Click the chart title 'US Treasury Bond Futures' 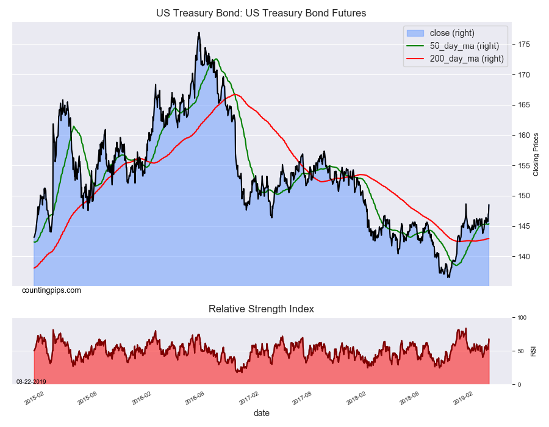(261, 13)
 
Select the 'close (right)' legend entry (452, 33)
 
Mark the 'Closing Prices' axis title (536, 154)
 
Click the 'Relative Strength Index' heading (261, 309)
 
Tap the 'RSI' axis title (534, 351)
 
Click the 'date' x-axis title (261, 413)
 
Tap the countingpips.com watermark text (51, 290)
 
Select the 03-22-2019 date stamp (30, 381)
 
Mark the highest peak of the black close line (199, 33)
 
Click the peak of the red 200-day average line (236, 95)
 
